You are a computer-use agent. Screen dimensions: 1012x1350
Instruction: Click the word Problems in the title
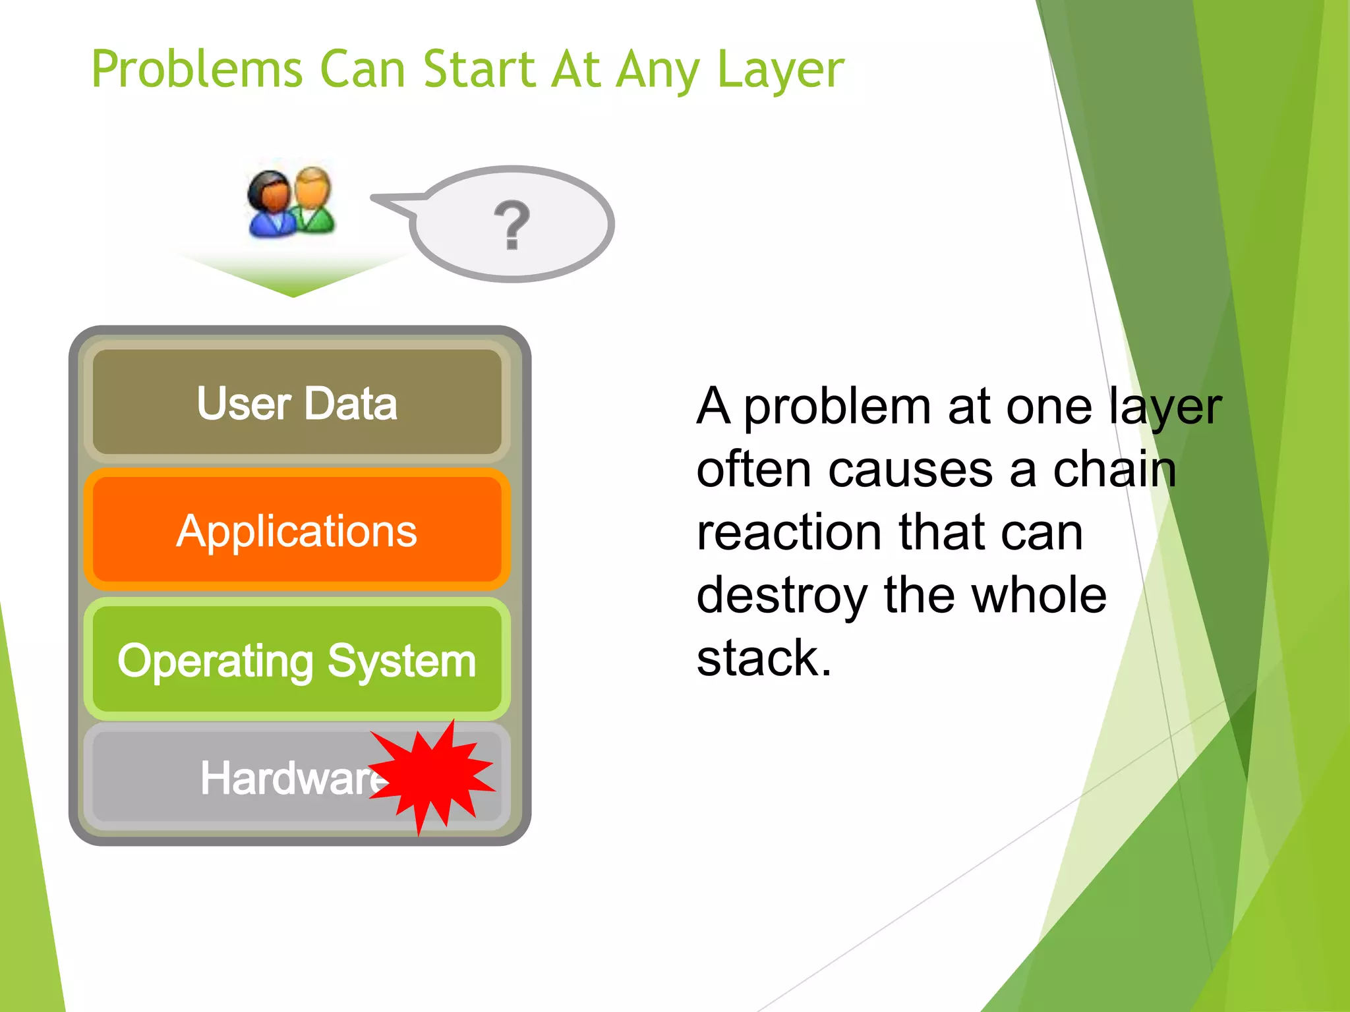pos(196,69)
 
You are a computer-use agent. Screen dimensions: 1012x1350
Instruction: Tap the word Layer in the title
pos(780,69)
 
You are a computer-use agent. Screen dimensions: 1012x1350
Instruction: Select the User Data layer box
pos(297,403)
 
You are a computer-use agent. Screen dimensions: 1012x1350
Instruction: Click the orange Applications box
pos(297,531)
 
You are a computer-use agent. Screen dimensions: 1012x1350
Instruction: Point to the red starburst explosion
pos(432,776)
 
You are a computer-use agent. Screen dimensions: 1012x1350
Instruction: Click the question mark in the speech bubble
pos(512,225)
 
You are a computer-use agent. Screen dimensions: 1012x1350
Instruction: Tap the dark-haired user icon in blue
pos(270,204)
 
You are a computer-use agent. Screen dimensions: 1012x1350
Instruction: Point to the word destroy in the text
pos(782,596)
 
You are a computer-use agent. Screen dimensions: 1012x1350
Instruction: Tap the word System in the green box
pos(401,661)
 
